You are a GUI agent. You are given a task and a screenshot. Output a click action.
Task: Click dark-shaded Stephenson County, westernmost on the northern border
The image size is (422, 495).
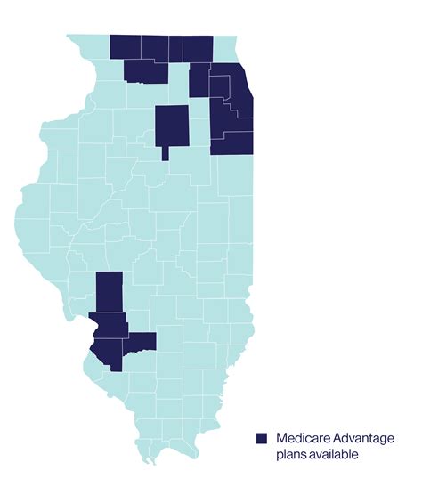click(x=125, y=48)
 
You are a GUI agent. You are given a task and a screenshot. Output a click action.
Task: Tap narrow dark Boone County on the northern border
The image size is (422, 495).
click(x=175, y=48)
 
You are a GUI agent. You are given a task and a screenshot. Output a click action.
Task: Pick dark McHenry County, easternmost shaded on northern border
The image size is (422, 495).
click(x=199, y=49)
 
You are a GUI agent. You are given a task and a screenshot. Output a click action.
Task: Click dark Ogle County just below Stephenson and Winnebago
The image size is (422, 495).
click(x=144, y=72)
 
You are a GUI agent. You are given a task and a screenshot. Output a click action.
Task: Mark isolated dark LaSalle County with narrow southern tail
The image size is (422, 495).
click(x=172, y=125)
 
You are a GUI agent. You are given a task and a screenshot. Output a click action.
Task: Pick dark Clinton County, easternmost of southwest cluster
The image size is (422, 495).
click(x=142, y=341)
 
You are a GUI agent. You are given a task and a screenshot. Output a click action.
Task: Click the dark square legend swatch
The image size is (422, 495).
click(x=262, y=438)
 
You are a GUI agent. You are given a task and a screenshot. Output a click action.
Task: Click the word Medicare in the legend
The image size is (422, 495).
click(x=304, y=438)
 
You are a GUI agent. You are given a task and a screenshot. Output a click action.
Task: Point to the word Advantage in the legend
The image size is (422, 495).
click(x=365, y=438)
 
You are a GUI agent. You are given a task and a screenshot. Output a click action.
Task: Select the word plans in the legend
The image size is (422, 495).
click(x=292, y=455)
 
